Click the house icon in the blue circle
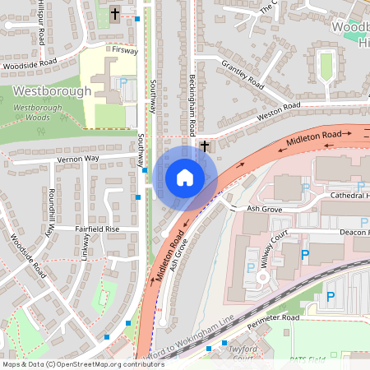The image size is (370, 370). [185, 178]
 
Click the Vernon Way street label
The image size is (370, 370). [78, 158]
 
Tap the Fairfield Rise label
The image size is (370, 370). [98, 229]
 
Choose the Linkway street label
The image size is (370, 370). [86, 246]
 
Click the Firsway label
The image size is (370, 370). [126, 50]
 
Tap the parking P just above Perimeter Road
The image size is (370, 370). [331, 297]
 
